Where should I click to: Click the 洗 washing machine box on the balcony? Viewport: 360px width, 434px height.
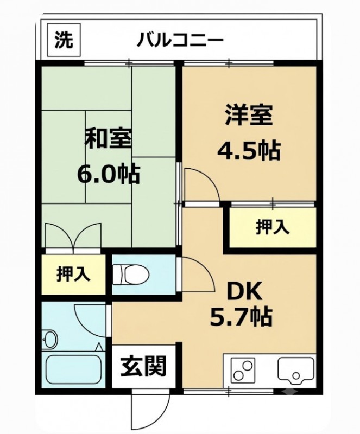(x=64, y=40)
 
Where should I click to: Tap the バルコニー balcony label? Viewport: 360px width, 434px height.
(x=180, y=40)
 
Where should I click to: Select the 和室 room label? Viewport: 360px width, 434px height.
(x=108, y=138)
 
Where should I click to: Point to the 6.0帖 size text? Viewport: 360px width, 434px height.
(x=108, y=174)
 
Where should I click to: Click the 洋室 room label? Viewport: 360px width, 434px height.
(x=249, y=114)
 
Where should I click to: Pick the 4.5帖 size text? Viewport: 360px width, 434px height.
(x=249, y=151)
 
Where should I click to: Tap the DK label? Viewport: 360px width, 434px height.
(x=244, y=291)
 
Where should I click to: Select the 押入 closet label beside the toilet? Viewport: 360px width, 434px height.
(x=73, y=274)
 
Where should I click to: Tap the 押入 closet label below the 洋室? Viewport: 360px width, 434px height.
(x=273, y=227)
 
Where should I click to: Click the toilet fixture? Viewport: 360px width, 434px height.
(x=131, y=275)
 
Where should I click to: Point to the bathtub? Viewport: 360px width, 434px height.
(x=73, y=369)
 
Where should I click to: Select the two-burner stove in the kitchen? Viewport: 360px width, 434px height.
(x=244, y=371)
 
